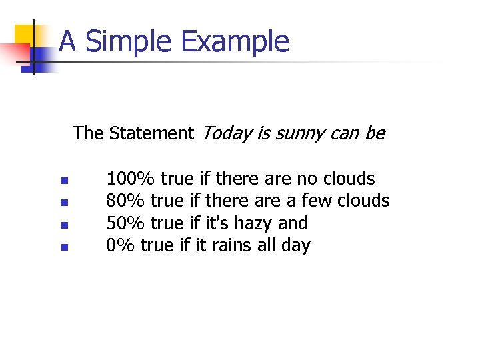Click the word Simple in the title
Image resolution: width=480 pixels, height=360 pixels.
[x=129, y=41]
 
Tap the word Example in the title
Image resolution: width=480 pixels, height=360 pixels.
[x=235, y=41]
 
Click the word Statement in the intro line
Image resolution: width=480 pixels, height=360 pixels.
[x=151, y=133]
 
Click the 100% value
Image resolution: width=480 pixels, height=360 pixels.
[x=131, y=179]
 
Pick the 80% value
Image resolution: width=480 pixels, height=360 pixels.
[x=126, y=201]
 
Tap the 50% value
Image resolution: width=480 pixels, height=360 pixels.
[x=126, y=223]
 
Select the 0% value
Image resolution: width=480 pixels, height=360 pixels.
[x=121, y=246]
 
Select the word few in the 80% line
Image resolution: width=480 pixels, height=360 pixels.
[x=317, y=201]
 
